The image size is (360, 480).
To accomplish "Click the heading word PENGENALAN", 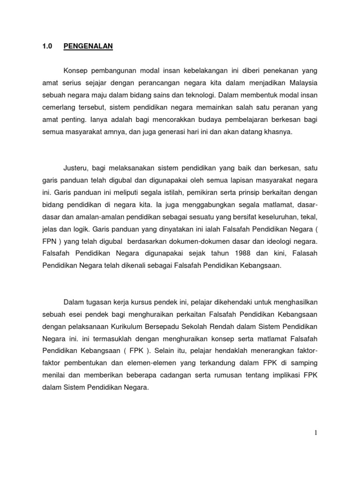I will click(x=89, y=46).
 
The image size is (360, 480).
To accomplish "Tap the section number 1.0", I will click(x=47, y=46).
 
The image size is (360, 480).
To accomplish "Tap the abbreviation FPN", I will click(x=50, y=241).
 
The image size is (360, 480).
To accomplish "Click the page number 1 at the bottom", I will click(x=316, y=433).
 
